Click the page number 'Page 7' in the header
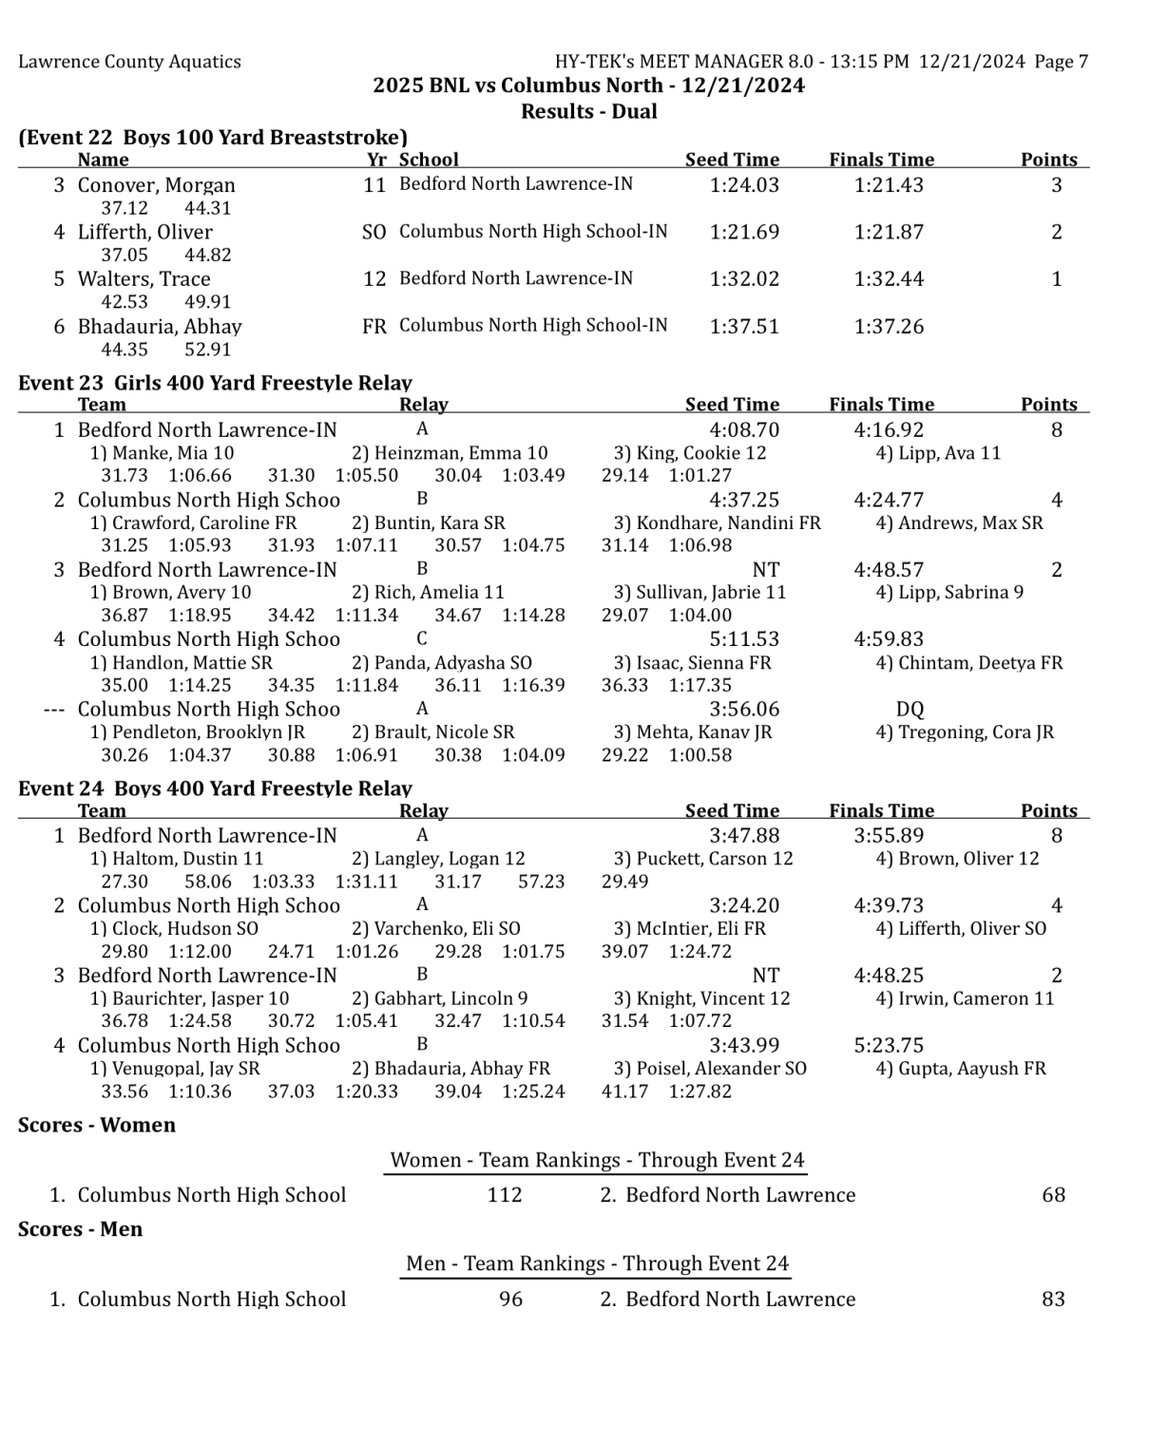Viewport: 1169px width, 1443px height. (1061, 62)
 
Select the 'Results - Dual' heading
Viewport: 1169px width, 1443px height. (588, 111)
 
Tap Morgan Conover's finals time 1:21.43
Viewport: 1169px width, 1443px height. (888, 185)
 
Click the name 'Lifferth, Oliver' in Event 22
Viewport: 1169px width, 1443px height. (144, 232)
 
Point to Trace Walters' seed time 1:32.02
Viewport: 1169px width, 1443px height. (743, 279)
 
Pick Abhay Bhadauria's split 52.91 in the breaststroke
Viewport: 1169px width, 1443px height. (207, 349)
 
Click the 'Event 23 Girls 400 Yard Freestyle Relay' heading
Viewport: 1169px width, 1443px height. (215, 383)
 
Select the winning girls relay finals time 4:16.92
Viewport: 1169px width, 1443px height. (888, 430)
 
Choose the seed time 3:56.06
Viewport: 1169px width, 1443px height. (743, 710)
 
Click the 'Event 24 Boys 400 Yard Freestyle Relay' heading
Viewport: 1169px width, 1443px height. (215, 788)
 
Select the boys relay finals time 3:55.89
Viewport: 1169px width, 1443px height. (888, 836)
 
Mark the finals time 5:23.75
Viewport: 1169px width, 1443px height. (888, 1046)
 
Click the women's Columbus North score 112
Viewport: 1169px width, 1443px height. (504, 1195)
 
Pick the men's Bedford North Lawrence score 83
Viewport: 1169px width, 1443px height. (1052, 1300)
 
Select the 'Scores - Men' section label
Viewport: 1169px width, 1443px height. (80, 1229)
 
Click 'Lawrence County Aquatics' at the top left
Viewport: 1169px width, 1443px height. (129, 62)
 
